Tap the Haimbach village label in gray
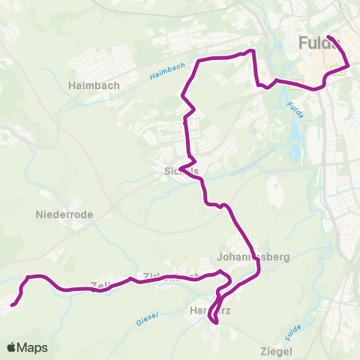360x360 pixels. pos(94,85)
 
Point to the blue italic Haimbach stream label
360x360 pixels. pos(166,72)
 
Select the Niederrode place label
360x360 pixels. pos(64,214)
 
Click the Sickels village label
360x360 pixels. pos(181,171)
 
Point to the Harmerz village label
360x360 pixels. pos(208,309)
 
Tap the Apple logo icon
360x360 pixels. pos(12,347)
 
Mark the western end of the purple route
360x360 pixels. pos(12,304)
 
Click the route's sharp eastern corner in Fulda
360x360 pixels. pos(349,66)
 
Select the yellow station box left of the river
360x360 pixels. pos(295,85)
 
